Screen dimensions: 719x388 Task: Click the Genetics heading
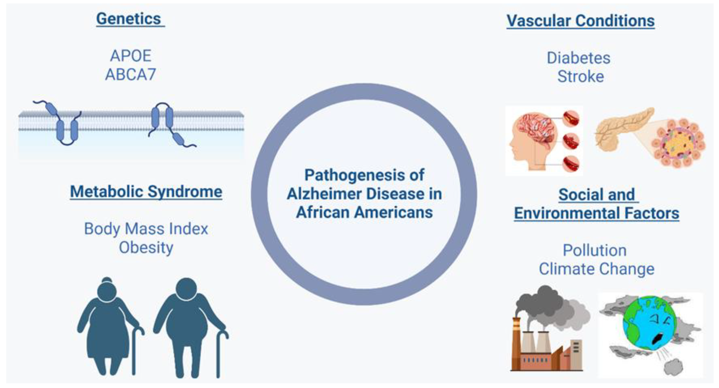point(129,19)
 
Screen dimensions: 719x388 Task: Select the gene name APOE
point(130,56)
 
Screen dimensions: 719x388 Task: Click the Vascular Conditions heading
point(581,21)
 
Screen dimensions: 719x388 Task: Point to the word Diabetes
point(578,58)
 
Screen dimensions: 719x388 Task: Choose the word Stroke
point(581,77)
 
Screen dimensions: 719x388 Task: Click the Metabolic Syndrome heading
point(146,192)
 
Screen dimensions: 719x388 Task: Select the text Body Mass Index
point(146,229)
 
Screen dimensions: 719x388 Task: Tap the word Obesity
point(146,247)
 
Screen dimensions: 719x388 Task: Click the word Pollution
point(595,250)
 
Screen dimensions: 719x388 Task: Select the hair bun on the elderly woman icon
point(107,280)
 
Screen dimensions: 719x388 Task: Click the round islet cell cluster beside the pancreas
point(678,144)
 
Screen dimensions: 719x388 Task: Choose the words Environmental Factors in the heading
point(597,213)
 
